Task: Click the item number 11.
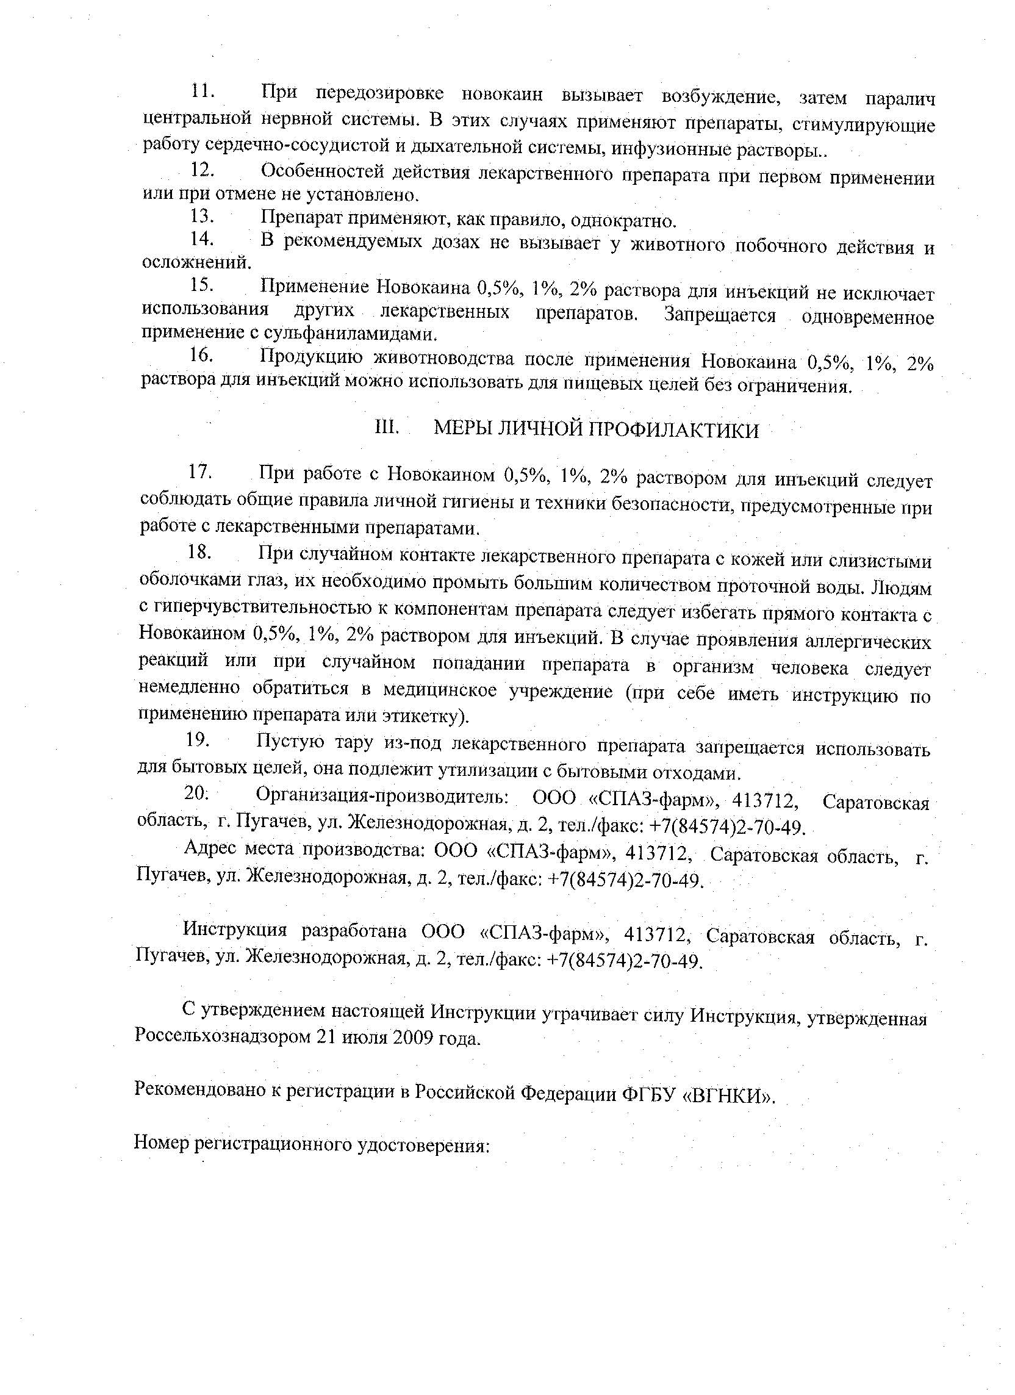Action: pos(201,91)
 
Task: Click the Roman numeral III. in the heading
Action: pos(387,428)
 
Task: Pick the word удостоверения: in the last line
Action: pos(423,1145)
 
